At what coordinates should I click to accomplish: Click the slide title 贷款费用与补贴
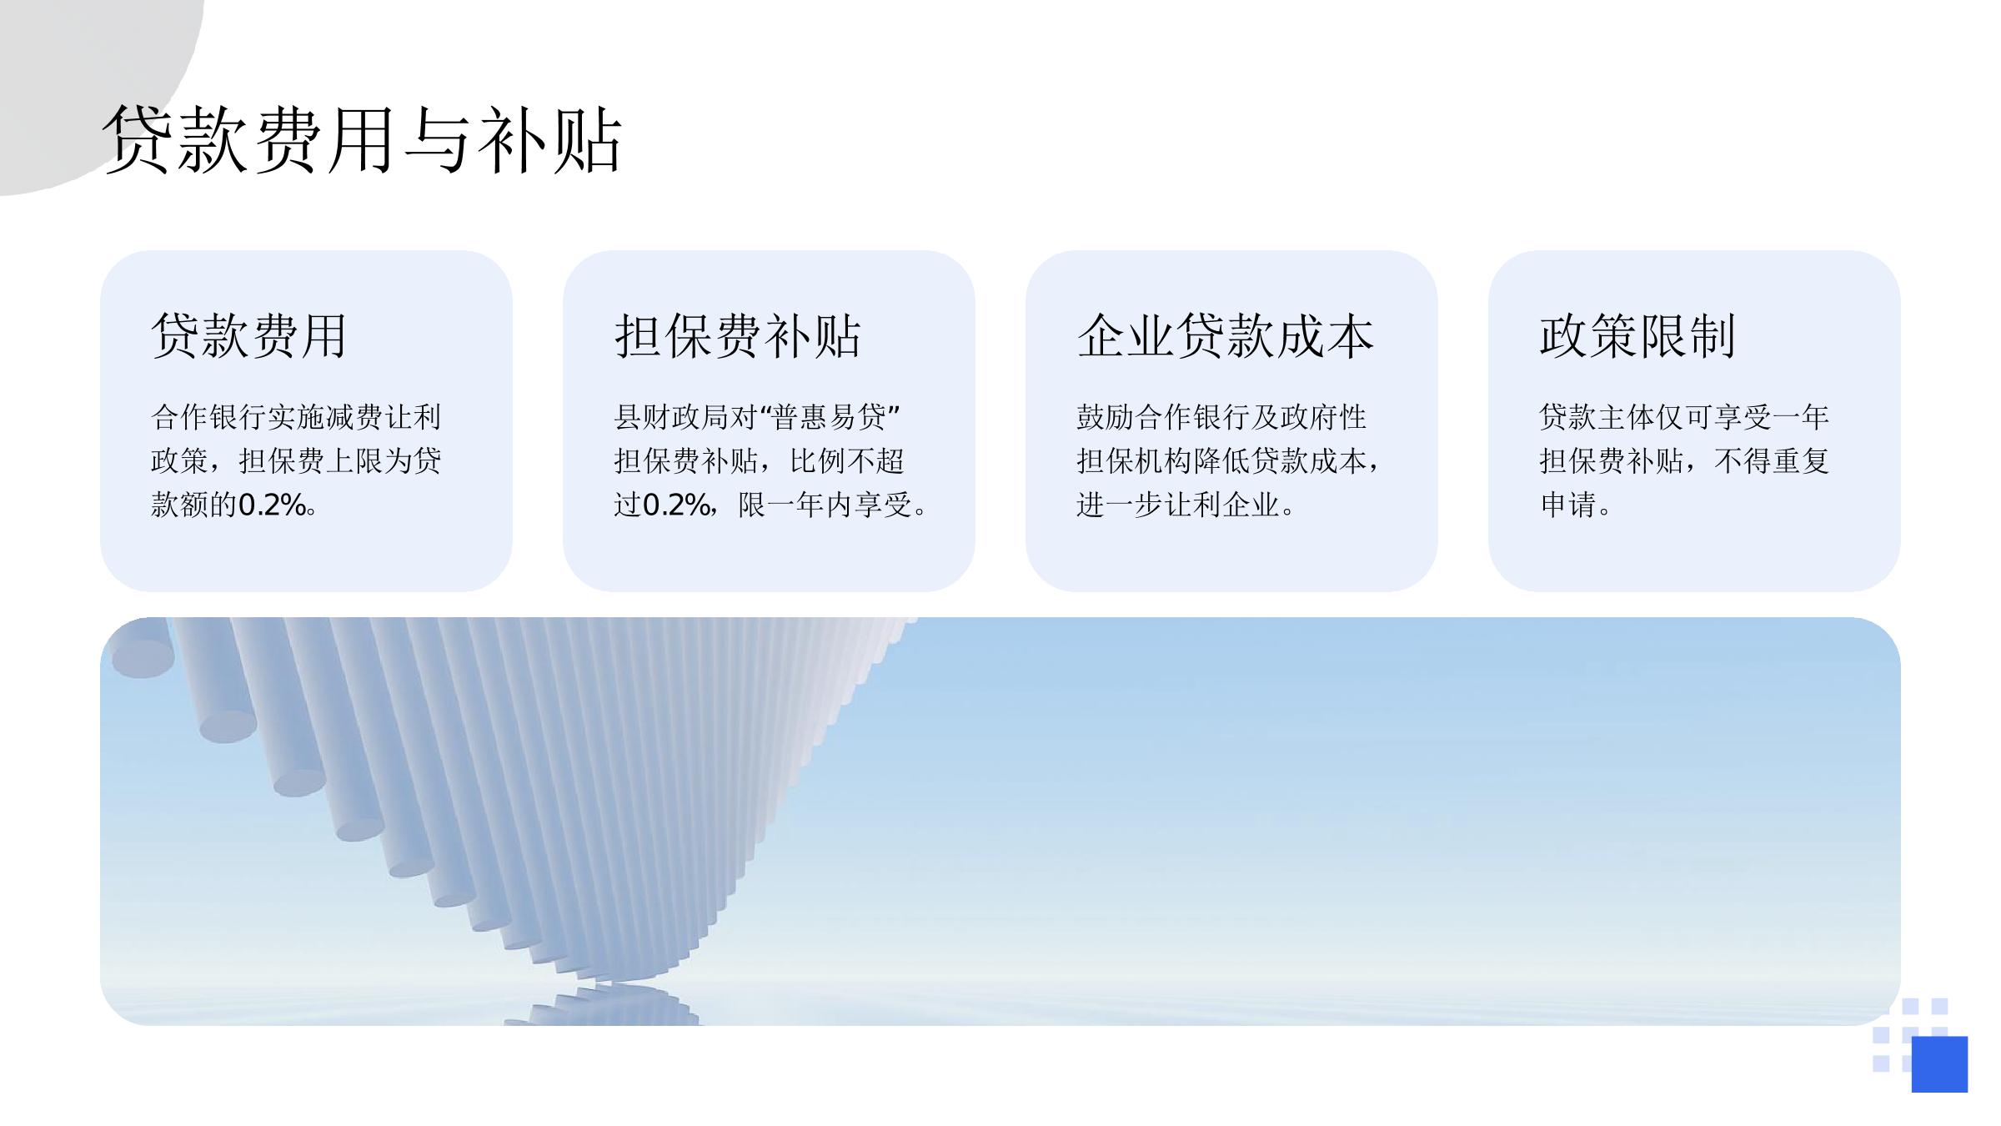pos(363,139)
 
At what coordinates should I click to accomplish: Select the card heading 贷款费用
pos(248,336)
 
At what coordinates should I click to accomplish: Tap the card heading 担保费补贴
pos(737,336)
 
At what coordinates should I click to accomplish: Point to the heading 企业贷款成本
pos(1225,336)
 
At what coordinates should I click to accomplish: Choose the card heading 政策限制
pos(1637,336)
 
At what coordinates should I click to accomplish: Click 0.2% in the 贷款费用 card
pos(272,505)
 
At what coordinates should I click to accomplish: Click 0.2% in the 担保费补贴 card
pos(677,505)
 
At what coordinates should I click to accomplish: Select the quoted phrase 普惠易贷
pos(829,417)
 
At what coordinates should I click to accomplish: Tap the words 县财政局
pos(671,417)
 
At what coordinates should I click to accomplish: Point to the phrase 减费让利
pos(383,417)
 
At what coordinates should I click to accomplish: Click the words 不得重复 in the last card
pos(1772,460)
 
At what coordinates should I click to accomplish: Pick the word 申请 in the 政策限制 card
pos(1567,505)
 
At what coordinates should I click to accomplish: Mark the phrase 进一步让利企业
pos(1178,505)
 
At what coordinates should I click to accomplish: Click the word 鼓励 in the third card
pos(1106,417)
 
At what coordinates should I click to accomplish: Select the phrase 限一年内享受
pos(825,505)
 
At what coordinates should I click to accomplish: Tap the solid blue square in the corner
pos(1939,1064)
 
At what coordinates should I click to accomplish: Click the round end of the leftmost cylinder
pos(143,659)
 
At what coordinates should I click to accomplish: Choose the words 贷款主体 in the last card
pos(1597,417)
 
